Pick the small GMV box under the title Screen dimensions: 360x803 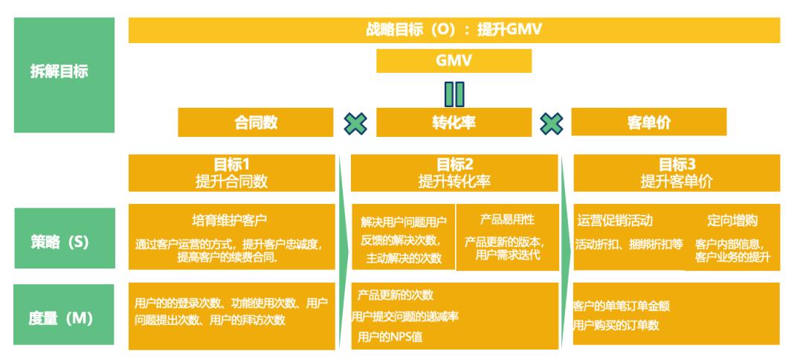[454, 61]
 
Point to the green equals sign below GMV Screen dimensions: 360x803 [454, 94]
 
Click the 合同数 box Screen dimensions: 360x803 [256, 123]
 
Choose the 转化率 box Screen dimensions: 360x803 [454, 123]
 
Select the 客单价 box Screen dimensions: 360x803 [649, 123]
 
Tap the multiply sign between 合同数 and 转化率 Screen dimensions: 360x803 [355, 123]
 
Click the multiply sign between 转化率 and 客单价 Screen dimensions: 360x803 [551, 123]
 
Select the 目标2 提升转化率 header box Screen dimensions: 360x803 [454, 173]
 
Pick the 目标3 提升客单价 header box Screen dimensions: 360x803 [677, 173]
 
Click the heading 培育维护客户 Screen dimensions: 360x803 [230, 220]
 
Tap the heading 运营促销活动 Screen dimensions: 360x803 [616, 220]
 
